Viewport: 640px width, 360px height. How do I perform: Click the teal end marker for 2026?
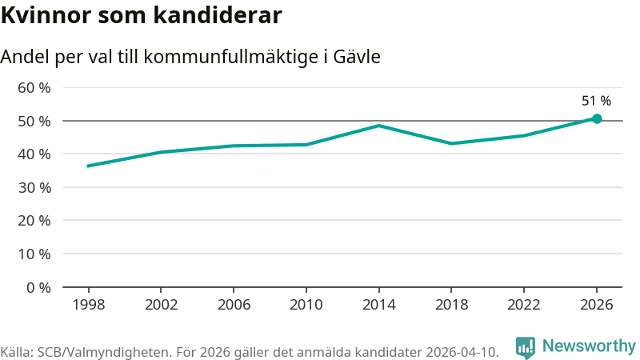point(597,118)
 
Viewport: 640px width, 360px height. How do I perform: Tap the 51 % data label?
point(596,101)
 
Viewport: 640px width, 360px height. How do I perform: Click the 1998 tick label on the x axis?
point(88,305)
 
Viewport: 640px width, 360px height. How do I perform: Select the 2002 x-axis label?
point(161,305)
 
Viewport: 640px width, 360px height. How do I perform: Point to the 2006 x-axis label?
point(233,305)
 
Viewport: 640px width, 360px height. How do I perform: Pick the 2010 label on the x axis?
point(306,305)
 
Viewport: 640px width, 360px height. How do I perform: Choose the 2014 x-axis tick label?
point(378,305)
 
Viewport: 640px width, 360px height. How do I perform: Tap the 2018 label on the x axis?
point(451,305)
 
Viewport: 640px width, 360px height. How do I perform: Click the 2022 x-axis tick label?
point(523,305)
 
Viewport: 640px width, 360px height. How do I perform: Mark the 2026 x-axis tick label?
point(596,305)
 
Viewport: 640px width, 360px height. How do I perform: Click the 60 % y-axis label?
point(34,87)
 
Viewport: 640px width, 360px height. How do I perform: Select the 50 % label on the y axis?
point(34,121)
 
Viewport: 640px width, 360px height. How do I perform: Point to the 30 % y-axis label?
point(34,187)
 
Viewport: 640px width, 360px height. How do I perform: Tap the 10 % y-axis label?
point(34,254)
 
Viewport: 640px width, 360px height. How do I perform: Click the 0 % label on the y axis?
point(38,287)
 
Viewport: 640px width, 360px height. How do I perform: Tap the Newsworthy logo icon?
point(526,346)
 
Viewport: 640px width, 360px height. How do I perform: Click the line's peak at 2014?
point(378,126)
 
